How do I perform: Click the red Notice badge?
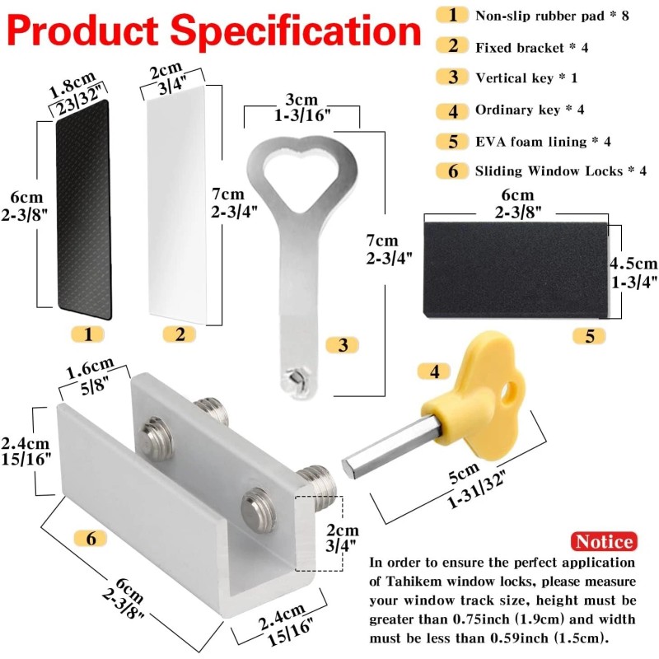pyautogui.click(x=604, y=541)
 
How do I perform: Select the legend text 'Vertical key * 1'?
pyautogui.click(x=528, y=78)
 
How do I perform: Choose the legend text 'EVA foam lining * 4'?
pyautogui.click(x=542, y=141)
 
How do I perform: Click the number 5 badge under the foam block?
pyautogui.click(x=590, y=335)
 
